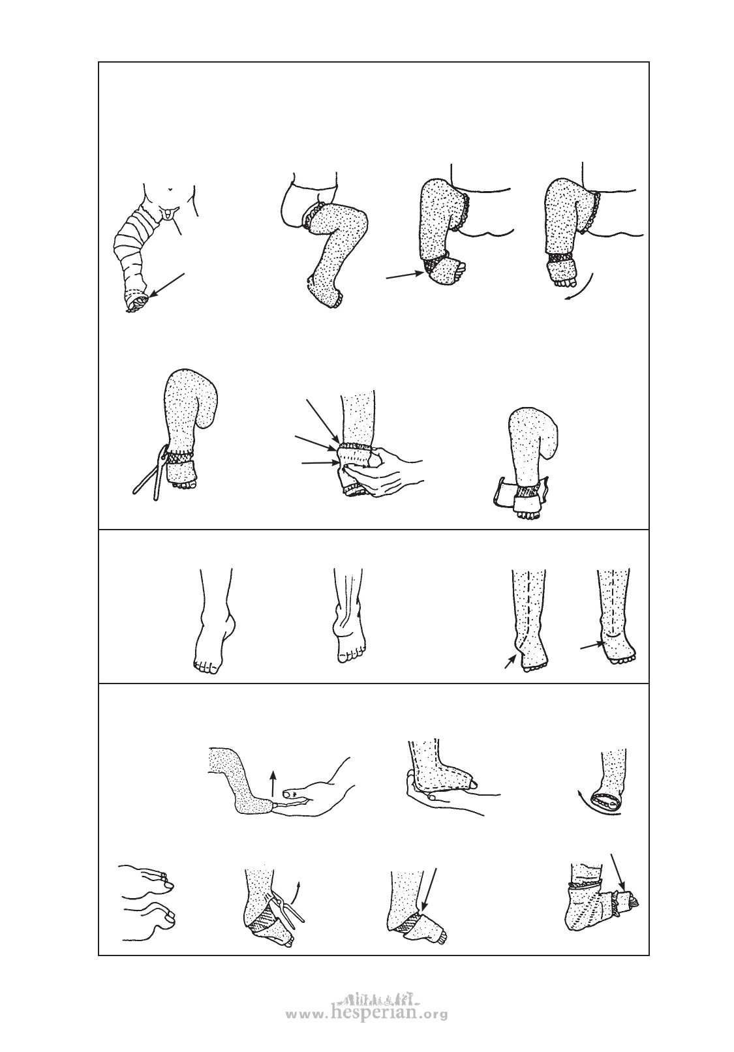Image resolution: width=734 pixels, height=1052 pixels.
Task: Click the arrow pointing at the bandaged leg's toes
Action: pyautogui.click(x=167, y=285)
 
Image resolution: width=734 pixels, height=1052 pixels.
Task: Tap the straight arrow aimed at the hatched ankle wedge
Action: pyautogui.click(x=405, y=275)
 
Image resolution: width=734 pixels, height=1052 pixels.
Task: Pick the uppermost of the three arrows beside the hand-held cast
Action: pyautogui.click(x=322, y=420)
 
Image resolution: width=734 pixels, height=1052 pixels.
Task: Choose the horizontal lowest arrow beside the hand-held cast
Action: pyautogui.click(x=320, y=463)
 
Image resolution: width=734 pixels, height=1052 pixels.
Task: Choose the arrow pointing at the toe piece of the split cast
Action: pyautogui.click(x=617, y=870)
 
